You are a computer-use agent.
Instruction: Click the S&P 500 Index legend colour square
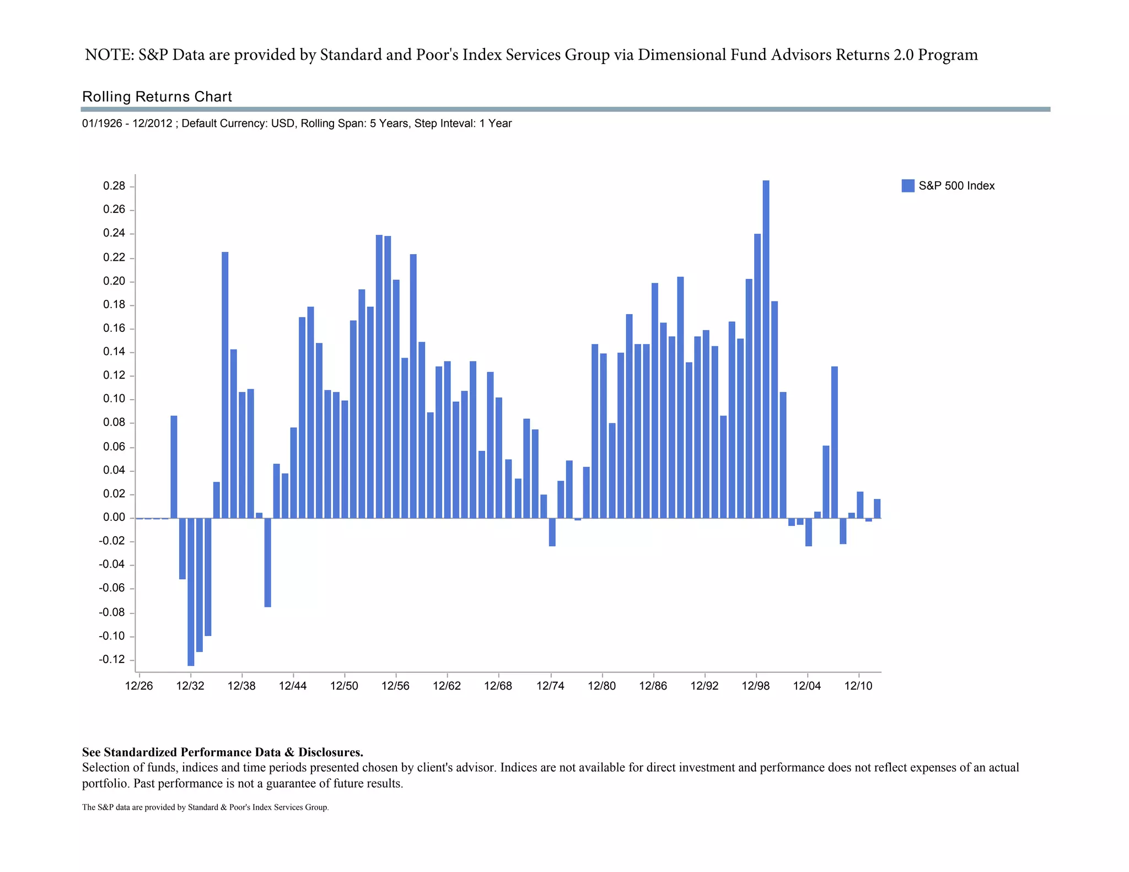tap(907, 186)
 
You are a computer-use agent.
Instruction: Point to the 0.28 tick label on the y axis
tap(114, 186)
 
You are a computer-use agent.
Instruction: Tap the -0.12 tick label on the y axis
tap(112, 660)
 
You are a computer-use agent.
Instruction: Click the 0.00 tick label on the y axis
tap(114, 518)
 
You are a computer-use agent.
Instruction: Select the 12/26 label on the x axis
tap(139, 686)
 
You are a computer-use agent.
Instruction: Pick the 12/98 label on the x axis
tap(756, 686)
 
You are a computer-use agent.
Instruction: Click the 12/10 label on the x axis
tap(858, 686)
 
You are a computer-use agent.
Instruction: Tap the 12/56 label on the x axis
tap(396, 686)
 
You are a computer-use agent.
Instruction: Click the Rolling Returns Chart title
tap(157, 97)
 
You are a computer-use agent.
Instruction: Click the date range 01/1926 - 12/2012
tap(127, 123)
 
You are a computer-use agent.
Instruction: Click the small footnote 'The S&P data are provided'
tap(205, 808)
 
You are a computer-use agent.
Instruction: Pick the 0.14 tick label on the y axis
tap(114, 352)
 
